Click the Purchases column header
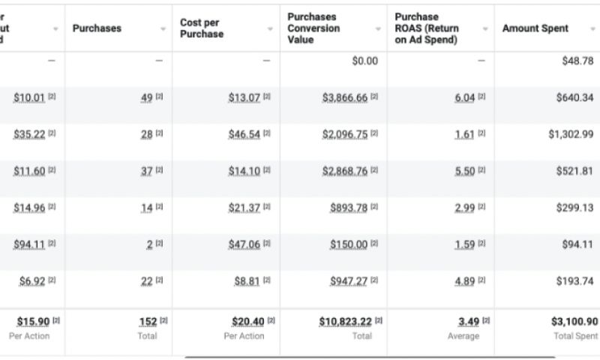[x=97, y=28]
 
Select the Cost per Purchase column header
[x=202, y=28]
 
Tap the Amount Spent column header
[x=535, y=28]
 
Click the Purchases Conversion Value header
[x=313, y=28]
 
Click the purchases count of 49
[x=146, y=98]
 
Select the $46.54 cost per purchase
[x=244, y=134]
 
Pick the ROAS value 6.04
[x=464, y=98]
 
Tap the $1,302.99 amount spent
[x=571, y=134]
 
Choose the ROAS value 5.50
[x=464, y=171]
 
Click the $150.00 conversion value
[x=349, y=244]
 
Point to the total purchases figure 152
[x=148, y=322]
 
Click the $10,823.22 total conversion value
[x=345, y=322]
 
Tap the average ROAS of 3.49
[x=469, y=322]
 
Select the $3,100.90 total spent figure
[x=574, y=322]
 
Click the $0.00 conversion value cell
[x=365, y=61]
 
